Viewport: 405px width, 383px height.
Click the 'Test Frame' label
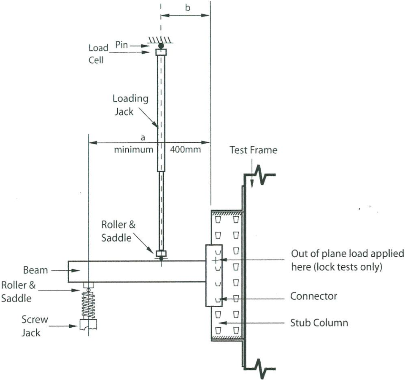[254, 150]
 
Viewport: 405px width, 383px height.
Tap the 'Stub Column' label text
[319, 323]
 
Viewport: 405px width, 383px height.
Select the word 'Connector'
[313, 296]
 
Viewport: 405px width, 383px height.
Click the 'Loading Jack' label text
[130, 105]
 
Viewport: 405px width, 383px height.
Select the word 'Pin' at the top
[122, 45]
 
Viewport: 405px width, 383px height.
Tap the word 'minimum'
[133, 149]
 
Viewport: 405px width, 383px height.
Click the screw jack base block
[89, 324]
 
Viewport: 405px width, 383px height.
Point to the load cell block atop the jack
[161, 52]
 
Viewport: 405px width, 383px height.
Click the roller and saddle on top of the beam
[161, 255]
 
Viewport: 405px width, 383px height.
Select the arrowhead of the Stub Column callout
[222, 323]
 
